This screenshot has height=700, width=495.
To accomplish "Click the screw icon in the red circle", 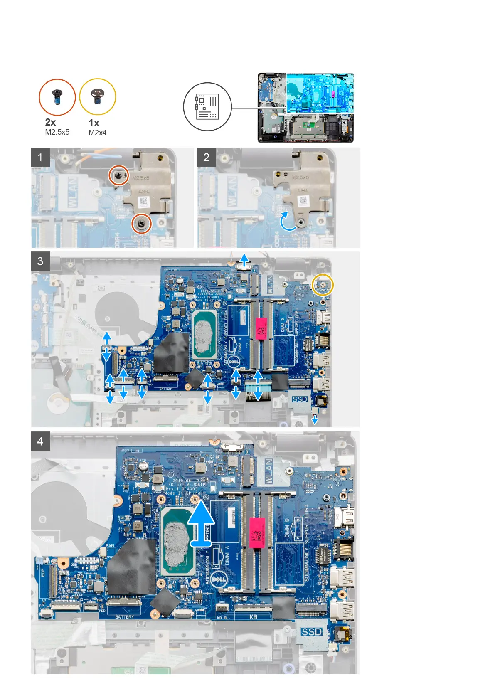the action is coord(57,97).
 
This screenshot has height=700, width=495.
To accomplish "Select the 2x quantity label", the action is coord(50,122).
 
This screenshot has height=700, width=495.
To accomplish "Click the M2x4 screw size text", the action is coord(97,133).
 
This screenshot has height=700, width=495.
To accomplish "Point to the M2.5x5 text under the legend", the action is coord(57,132).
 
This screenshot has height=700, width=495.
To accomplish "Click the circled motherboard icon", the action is coord(207,106).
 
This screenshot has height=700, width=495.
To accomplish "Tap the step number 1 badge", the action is coord(40,158).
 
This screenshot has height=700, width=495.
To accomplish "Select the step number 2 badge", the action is coord(207,158).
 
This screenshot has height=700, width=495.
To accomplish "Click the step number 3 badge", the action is coord(40,261).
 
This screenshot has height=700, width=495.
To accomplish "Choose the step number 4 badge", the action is coord(40,441).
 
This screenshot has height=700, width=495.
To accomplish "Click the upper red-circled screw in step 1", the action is coord(119,176).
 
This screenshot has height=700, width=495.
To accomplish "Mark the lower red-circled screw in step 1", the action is coord(141,224).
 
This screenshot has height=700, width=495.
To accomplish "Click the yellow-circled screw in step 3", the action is coord(323,284).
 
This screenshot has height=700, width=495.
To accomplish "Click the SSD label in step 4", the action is coord(312,632).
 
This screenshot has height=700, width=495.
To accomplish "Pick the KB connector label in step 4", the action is coord(254,617).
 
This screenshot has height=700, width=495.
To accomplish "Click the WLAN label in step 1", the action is coord(72,192).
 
